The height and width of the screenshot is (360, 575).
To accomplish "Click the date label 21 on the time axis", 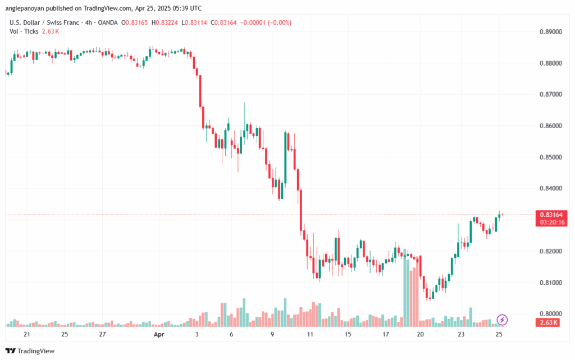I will coord(26,334).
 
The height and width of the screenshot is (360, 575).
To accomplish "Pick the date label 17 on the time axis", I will coord(386,334).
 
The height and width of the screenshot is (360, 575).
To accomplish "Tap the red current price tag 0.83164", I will coord(551,215).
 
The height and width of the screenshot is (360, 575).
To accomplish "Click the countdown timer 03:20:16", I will coord(551,222).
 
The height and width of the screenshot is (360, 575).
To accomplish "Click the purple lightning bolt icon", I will coord(503,320).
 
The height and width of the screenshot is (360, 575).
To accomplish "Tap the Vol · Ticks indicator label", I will coord(24,31).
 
